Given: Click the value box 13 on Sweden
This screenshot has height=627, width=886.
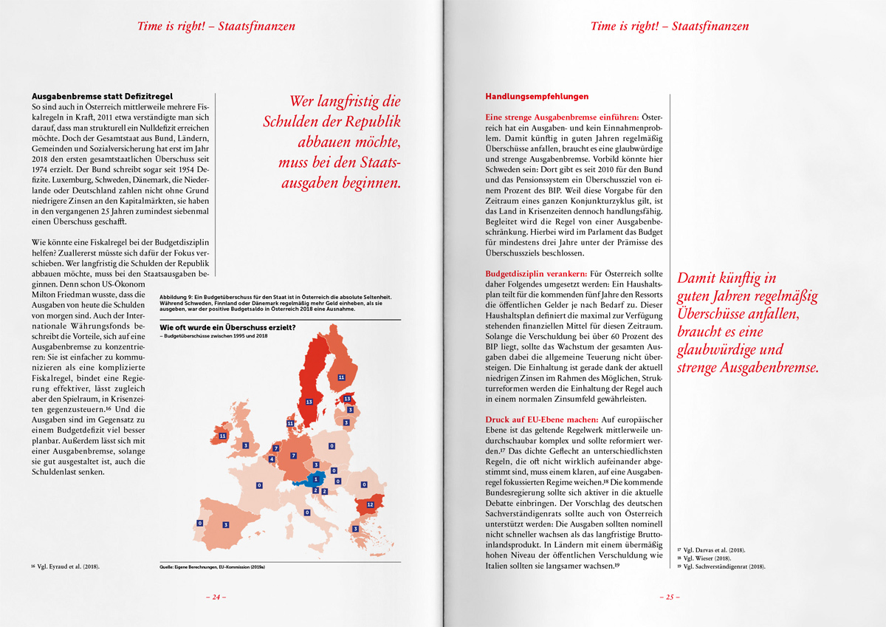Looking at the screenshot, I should click(309, 402).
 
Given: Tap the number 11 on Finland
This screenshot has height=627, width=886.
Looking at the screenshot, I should click(341, 377).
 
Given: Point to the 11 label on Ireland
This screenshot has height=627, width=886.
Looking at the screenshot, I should click(222, 436).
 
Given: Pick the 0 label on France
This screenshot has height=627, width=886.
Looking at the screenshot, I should click(259, 485).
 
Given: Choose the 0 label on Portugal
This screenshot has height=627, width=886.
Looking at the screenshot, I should click(200, 523).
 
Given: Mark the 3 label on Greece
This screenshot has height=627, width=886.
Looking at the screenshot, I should click(355, 529).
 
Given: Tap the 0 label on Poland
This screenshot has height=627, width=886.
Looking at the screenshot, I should click(332, 446).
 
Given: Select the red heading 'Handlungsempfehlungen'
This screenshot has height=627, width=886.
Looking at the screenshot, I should click(526, 96).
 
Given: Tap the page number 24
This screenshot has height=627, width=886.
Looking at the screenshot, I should click(216, 597).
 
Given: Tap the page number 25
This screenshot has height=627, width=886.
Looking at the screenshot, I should click(670, 597).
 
